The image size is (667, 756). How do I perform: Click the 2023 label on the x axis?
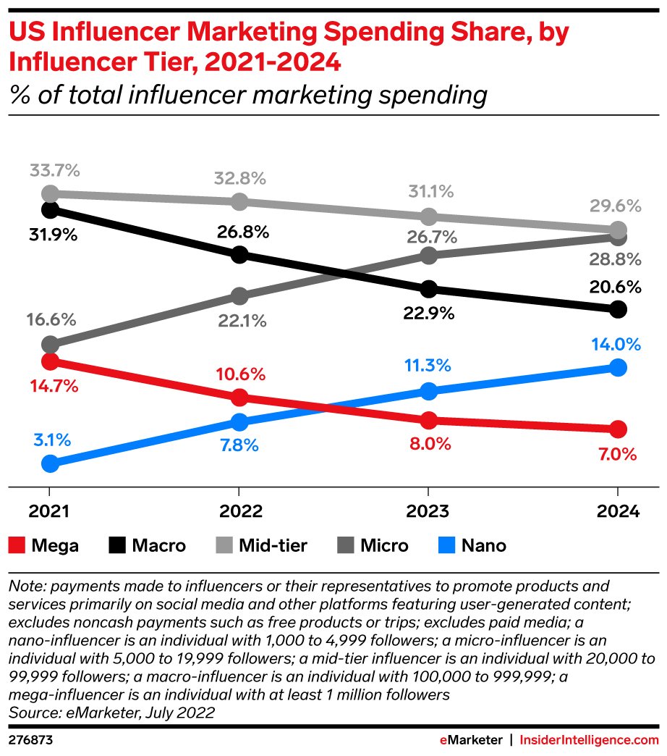coord(428,511)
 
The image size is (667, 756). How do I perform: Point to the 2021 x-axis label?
coord(49,511)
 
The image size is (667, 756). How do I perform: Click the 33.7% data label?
coord(55,172)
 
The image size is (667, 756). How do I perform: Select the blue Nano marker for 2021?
coord(50,463)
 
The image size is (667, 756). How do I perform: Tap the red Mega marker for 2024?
coord(617,429)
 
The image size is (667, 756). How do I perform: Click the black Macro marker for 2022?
coord(239,255)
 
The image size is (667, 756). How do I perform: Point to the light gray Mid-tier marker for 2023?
coord(428,217)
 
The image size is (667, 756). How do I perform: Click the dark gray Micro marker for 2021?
coord(50,344)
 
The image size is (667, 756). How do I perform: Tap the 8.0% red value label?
coord(428,444)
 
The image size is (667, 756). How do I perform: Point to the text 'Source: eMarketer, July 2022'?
coord(111,712)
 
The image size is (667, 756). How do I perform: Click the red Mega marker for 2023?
coord(428,421)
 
